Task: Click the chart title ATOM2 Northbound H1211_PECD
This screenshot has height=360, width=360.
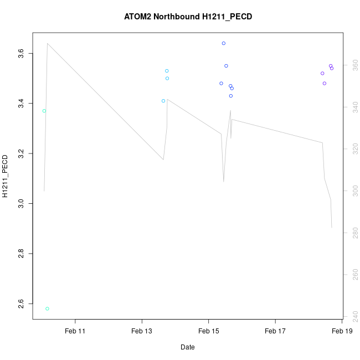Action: [x=188, y=17]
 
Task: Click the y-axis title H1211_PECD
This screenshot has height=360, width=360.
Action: [x=6, y=176]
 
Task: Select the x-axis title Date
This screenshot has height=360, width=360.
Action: [x=187, y=347]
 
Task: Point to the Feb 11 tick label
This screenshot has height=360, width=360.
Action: [x=75, y=331]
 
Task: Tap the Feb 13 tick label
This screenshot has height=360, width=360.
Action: [x=142, y=331]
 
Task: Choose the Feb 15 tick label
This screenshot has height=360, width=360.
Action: [x=209, y=331]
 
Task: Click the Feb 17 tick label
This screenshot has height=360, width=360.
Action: [x=275, y=331]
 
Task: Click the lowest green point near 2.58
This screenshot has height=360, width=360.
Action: [x=47, y=308]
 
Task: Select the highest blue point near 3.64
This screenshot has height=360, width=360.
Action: [x=224, y=43]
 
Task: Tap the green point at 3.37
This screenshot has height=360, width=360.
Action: [x=44, y=111]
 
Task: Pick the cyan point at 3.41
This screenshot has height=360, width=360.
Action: [x=163, y=101]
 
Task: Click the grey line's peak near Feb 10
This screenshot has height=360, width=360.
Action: [x=48, y=43]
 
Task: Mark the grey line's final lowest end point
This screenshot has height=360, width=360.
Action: [x=332, y=228]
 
